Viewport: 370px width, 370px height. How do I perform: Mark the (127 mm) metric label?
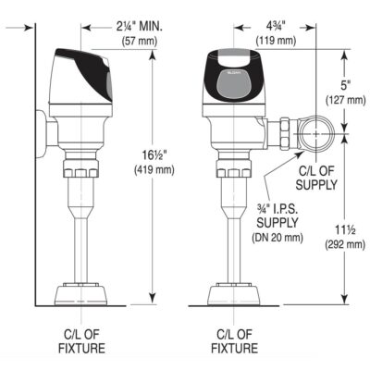pos(343,104)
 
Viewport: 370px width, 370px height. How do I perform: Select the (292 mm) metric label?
pos(343,245)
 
